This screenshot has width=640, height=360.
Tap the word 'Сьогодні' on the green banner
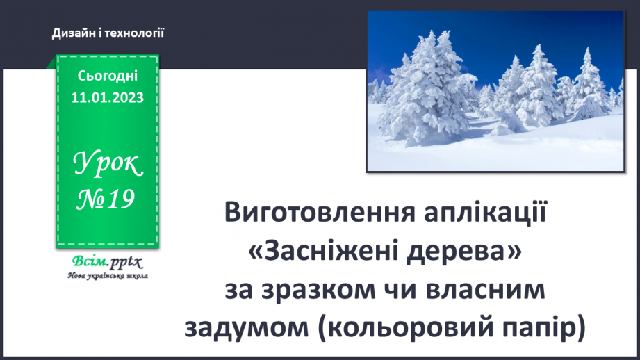tap(108, 76)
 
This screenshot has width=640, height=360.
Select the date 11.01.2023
tap(108, 98)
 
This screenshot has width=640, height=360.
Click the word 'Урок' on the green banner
tap(108, 164)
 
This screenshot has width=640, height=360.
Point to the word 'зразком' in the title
tap(320, 289)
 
